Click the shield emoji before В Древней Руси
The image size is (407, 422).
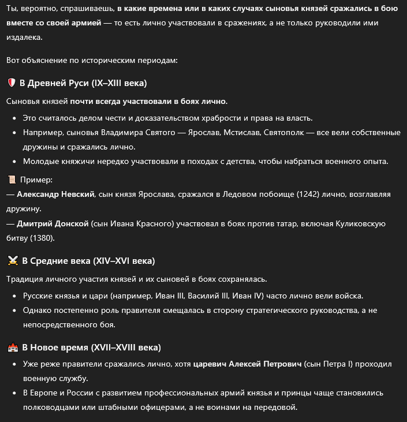click(11, 83)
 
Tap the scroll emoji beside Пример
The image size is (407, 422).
click(11, 180)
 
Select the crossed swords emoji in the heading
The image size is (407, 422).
click(12, 261)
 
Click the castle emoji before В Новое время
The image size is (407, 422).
click(12, 348)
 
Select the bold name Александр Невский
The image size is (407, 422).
click(55, 195)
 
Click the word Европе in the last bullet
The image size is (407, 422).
click(47, 393)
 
